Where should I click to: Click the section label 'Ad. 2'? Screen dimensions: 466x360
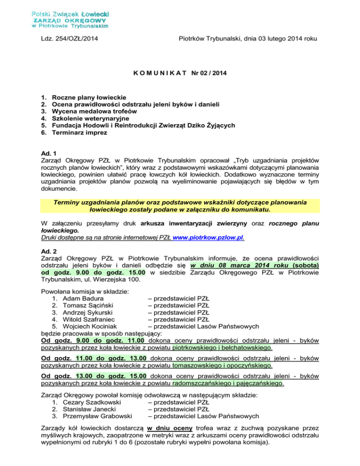point(48,250)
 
